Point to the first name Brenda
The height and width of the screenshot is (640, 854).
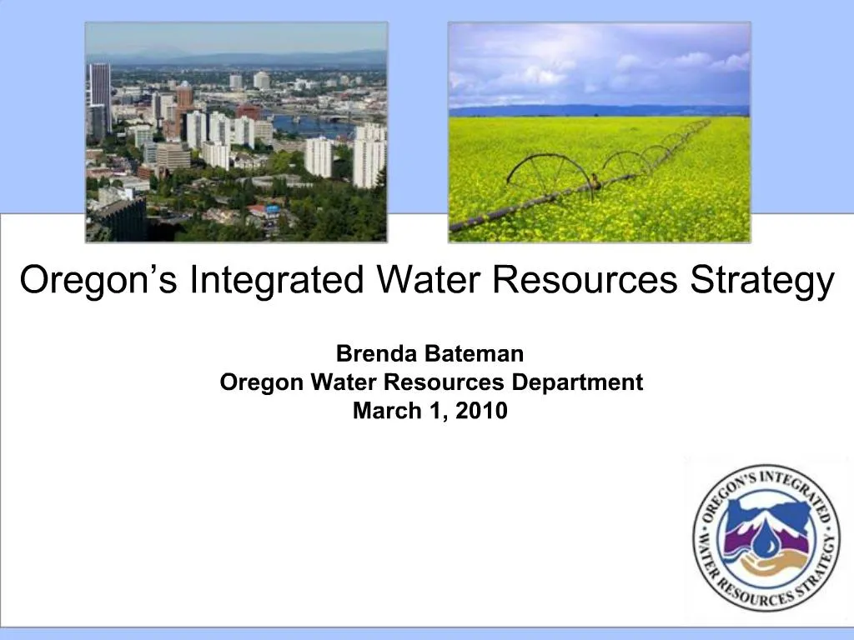point(376,354)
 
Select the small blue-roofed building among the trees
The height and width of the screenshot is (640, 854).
point(272,210)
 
